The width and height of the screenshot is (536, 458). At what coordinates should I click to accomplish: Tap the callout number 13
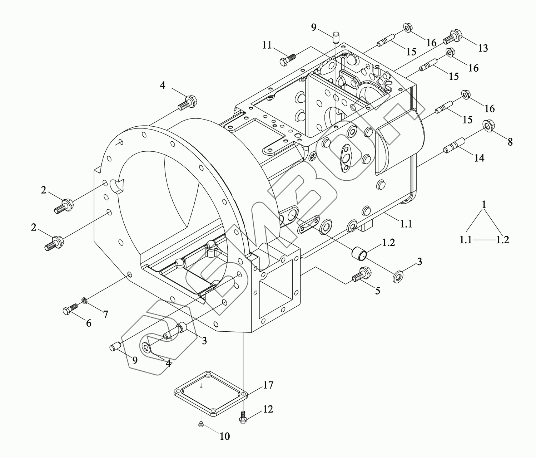tap(483, 48)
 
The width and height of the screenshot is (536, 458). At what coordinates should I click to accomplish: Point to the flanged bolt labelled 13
tap(452, 36)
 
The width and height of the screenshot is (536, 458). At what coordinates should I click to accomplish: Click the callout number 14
tap(479, 157)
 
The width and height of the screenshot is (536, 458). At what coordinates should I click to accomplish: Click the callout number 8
tap(510, 142)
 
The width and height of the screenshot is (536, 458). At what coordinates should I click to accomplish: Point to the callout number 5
tap(377, 291)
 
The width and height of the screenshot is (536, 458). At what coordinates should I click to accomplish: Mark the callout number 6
tap(88, 323)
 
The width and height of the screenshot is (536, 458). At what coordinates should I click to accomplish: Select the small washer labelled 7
tap(84, 299)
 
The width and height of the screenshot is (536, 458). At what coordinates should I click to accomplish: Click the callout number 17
tap(268, 385)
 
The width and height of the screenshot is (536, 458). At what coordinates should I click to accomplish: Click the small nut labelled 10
tap(201, 424)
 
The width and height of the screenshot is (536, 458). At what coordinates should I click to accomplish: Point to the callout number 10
tap(225, 436)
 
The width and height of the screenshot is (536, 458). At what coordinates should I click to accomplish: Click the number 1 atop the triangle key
tap(484, 205)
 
